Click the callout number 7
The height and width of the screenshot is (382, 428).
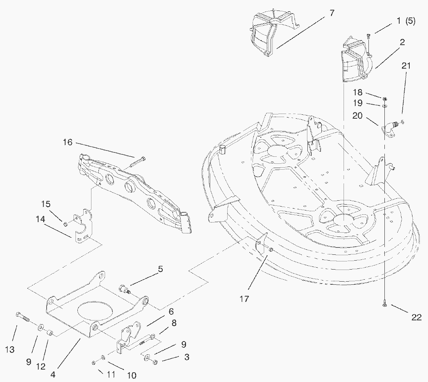pyautogui.click(x=331, y=13)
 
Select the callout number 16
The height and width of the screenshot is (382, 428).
pyautogui.click(x=68, y=142)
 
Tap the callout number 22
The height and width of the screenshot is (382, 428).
pyautogui.click(x=416, y=317)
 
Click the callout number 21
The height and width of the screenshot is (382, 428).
pyautogui.click(x=406, y=66)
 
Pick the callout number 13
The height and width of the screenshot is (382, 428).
pyautogui.click(x=10, y=350)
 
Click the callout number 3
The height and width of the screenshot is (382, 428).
pyautogui.click(x=187, y=357)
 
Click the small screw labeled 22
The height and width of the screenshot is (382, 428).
pyautogui.click(x=384, y=305)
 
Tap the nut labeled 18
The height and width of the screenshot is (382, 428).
pyautogui.click(x=384, y=98)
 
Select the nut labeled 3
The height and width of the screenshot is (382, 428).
pyautogui.click(x=155, y=363)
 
